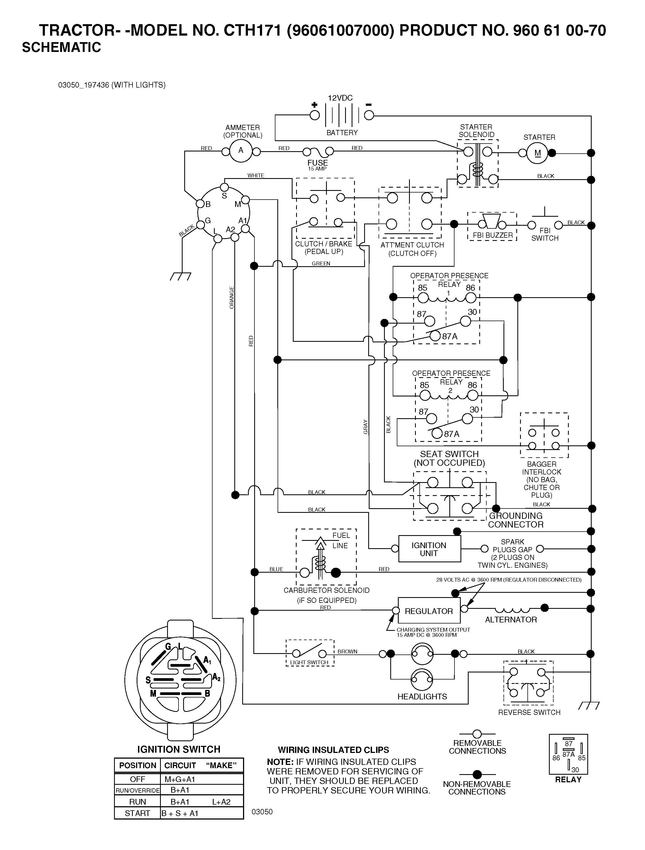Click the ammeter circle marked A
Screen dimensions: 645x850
pyautogui.click(x=241, y=151)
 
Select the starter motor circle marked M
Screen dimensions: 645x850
pyautogui.click(x=537, y=153)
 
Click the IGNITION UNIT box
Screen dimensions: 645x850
pyautogui.click(x=429, y=549)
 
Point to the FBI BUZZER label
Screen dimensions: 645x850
pyautogui.click(x=493, y=235)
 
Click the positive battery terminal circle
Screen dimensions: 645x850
pyautogui.click(x=315, y=115)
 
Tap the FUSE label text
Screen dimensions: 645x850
pyautogui.click(x=317, y=163)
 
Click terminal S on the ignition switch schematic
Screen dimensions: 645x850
pyautogui.click(x=224, y=188)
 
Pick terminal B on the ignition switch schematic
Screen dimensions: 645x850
pyautogui.click(x=200, y=204)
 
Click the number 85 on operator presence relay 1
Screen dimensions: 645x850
pyautogui.click(x=422, y=288)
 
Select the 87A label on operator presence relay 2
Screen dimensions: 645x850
pyautogui.click(x=451, y=434)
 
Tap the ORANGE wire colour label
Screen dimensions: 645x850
pyautogui.click(x=232, y=297)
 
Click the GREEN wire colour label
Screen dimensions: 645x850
pyautogui.click(x=321, y=263)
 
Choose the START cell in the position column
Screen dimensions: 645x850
pyautogui.click(x=137, y=813)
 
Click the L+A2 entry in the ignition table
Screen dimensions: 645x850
pyautogui.click(x=221, y=802)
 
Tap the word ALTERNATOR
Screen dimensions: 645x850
pyautogui.click(x=511, y=619)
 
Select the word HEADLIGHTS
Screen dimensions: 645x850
pyautogui.click(x=422, y=696)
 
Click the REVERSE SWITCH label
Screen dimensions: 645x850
pyautogui.click(x=529, y=712)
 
